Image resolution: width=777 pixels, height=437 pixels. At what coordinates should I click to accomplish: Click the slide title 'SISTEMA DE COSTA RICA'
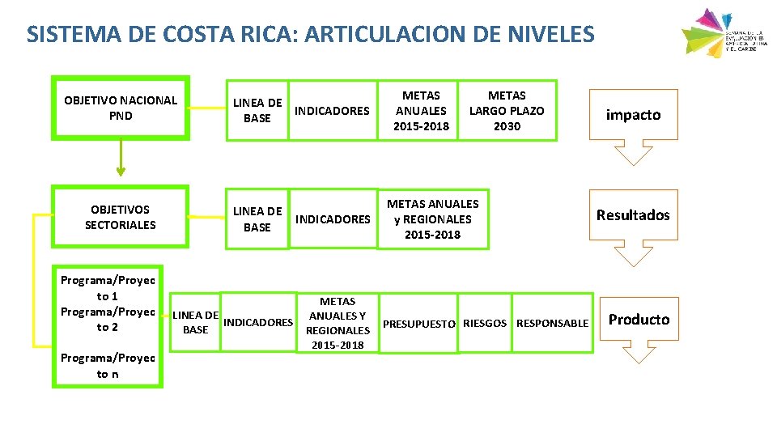click(x=310, y=34)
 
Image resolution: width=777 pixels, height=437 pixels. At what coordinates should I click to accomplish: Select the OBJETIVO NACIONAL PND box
click(x=121, y=108)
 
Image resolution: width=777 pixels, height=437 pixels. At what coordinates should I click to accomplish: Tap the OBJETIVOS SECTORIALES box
click(x=121, y=217)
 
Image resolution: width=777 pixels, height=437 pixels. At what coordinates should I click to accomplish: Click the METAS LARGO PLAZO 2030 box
click(x=507, y=111)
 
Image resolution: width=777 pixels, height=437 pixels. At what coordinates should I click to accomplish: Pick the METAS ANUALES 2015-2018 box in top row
click(x=421, y=111)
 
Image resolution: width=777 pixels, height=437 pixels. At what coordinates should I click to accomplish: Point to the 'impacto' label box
click(x=633, y=115)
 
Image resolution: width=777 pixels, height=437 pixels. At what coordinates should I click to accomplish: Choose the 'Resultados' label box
click(x=633, y=215)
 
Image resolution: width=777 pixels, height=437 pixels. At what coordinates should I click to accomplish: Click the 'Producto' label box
click(x=639, y=320)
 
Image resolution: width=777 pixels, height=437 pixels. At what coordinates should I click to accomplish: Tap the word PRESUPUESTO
click(x=418, y=324)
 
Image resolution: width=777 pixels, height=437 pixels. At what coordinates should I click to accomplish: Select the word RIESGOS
click(x=485, y=324)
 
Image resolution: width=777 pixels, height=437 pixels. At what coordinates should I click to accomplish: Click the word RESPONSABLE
click(x=553, y=324)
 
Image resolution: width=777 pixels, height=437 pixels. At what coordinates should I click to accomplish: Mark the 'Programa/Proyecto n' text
click(x=108, y=366)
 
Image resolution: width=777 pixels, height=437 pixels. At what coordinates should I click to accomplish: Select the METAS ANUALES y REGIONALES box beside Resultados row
click(x=432, y=219)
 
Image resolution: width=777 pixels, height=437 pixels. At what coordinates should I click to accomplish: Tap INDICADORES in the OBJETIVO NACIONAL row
click(x=332, y=111)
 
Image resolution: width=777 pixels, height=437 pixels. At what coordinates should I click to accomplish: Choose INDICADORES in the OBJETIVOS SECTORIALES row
click(x=333, y=219)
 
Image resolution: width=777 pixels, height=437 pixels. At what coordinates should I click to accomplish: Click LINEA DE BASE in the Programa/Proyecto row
click(x=195, y=322)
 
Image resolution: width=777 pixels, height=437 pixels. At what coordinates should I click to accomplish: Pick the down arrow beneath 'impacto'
click(x=633, y=154)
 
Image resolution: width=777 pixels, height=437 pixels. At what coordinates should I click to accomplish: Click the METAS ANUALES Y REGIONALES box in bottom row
click(x=338, y=323)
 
